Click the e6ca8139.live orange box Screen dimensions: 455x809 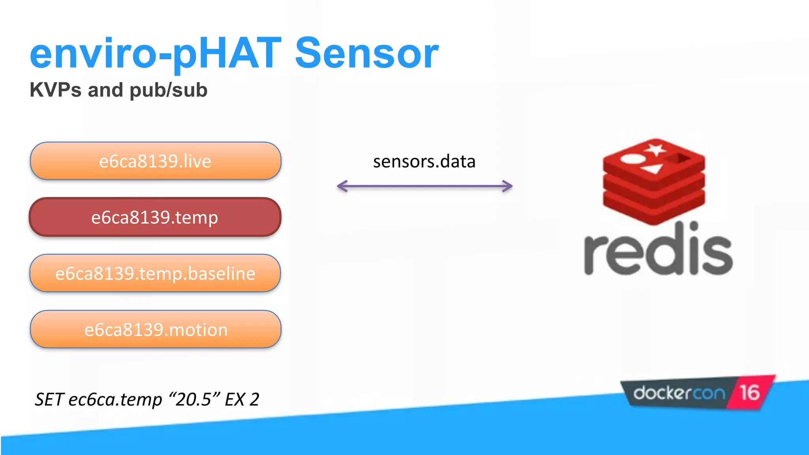155,161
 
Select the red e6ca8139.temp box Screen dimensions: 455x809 155,217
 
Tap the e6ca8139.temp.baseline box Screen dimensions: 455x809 155,273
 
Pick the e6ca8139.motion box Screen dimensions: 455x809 156,329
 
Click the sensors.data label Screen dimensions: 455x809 424,162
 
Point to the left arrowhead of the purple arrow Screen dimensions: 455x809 341,186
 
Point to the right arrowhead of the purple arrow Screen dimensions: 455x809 508,186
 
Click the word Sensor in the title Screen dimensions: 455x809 367,54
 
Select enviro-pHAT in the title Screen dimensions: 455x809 155,54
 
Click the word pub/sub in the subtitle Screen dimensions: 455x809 168,90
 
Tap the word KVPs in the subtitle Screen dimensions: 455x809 55,90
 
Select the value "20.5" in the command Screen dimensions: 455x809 194,399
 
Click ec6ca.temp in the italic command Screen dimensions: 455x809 115,399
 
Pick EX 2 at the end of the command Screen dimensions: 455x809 242,399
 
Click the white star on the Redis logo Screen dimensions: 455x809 655,150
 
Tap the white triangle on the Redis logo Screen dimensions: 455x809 653,169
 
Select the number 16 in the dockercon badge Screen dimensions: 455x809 749,393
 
